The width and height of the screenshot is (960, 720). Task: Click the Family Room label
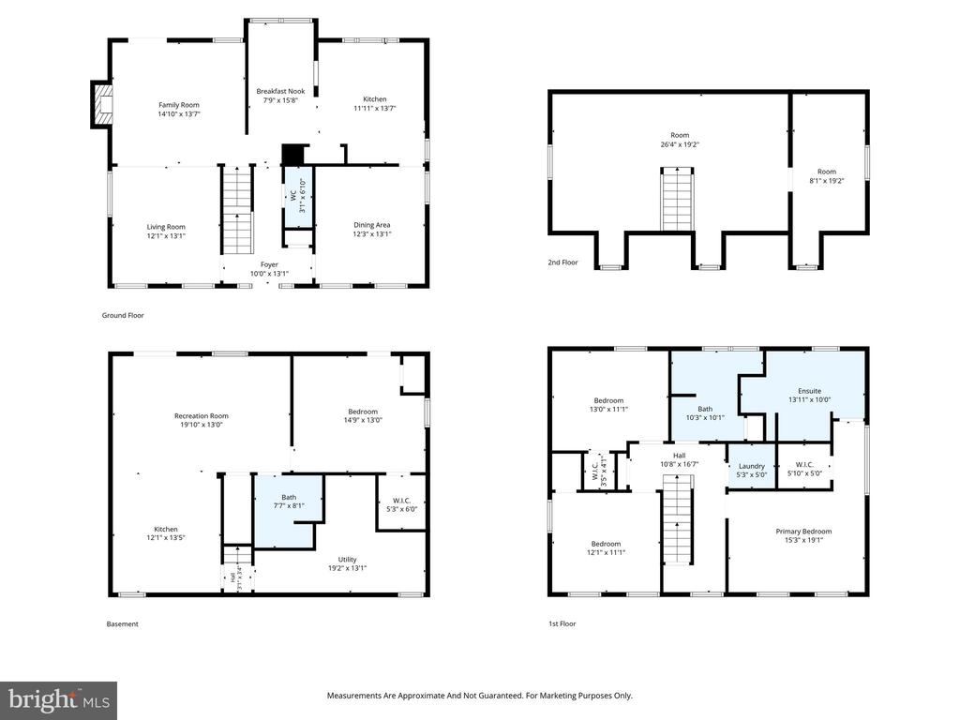[179, 105]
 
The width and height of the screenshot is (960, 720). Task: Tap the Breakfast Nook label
[280, 92]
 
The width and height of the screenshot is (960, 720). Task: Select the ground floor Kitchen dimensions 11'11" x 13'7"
[375, 108]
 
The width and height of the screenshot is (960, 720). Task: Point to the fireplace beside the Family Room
[101, 104]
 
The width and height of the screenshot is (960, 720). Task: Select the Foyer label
[269, 265]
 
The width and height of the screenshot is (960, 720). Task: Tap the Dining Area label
[371, 225]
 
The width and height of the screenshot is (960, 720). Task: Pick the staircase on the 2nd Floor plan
[677, 199]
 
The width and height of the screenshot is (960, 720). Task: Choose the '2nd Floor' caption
[562, 263]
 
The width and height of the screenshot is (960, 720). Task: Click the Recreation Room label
[201, 416]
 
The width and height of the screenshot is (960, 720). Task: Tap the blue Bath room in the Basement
[287, 511]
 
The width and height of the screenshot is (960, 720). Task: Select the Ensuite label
[809, 391]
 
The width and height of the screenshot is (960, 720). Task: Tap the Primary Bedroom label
[803, 532]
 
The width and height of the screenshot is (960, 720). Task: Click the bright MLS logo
[58, 699]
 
